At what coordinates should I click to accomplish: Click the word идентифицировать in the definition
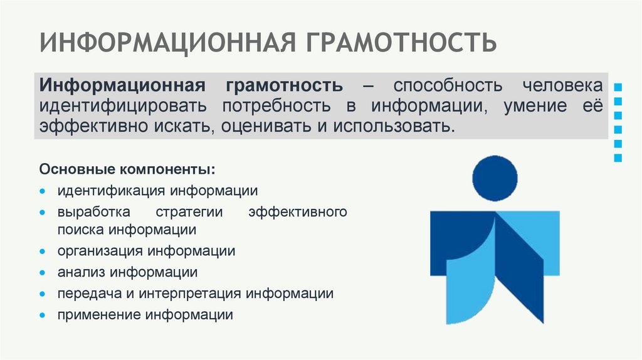pyautogui.click(x=124, y=105)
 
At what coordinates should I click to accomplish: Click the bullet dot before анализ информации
pyautogui.click(x=42, y=273)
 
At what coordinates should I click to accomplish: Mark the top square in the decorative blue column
pyautogui.click(x=618, y=86)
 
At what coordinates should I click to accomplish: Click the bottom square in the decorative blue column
pyautogui.click(x=618, y=158)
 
